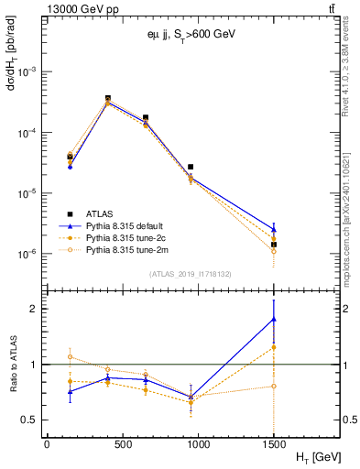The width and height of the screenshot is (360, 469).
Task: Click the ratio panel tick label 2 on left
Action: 35,309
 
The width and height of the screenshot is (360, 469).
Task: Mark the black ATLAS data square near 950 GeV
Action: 191,167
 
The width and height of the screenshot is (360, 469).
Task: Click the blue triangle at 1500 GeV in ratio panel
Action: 273,319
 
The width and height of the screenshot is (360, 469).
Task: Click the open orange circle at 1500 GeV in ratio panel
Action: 273,386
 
